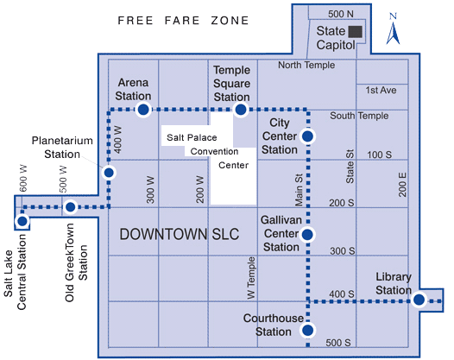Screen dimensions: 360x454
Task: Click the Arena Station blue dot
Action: pos(143,110)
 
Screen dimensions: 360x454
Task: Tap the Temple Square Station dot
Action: pos(242,110)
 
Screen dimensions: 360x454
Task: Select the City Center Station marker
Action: pos(307,136)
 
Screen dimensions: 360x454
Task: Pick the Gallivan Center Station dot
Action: pos(307,234)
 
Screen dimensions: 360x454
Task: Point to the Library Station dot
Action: pos(419,300)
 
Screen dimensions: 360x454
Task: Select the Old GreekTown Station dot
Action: pos(71,207)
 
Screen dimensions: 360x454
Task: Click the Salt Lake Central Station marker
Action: pos(22,221)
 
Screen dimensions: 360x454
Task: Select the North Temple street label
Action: pos(305,66)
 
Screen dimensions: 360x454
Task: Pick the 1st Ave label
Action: pos(380,90)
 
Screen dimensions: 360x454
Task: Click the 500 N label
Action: pos(342,12)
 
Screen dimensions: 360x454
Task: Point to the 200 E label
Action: pos(402,185)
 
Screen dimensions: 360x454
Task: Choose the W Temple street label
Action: pos(251,279)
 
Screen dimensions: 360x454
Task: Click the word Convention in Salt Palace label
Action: pos(215,151)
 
